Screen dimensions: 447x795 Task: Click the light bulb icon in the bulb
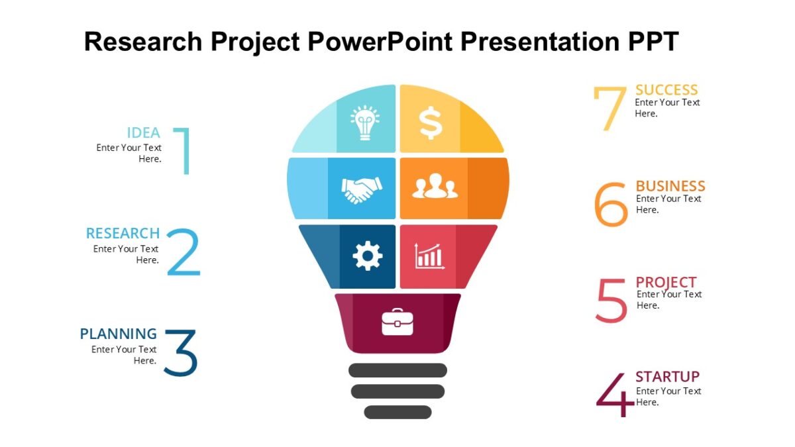pyautogui.click(x=364, y=123)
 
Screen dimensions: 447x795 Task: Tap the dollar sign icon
pyautogui.click(x=430, y=123)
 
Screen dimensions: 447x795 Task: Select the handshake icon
pyautogui.click(x=362, y=189)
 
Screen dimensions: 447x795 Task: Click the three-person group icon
pyautogui.click(x=435, y=186)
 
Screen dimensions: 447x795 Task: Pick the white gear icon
pyautogui.click(x=368, y=256)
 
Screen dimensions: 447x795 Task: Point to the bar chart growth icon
pyautogui.click(x=429, y=256)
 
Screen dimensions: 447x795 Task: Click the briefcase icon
pyautogui.click(x=397, y=322)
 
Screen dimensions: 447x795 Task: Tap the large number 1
pyautogui.click(x=184, y=150)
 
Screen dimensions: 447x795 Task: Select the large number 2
pyautogui.click(x=183, y=252)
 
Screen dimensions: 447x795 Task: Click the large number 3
pyautogui.click(x=180, y=353)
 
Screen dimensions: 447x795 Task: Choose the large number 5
pyautogui.click(x=611, y=301)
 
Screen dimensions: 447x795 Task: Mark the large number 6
pyautogui.click(x=610, y=205)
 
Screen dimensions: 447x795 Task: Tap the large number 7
pyautogui.click(x=609, y=109)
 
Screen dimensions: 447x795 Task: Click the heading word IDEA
pyautogui.click(x=144, y=132)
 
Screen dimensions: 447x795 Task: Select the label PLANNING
pyautogui.click(x=119, y=334)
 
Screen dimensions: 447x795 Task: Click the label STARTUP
pyautogui.click(x=667, y=377)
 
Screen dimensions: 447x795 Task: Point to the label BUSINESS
pyautogui.click(x=670, y=186)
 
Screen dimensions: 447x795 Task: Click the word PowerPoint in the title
pyautogui.click(x=378, y=41)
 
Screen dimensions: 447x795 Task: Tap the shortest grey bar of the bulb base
pyautogui.click(x=397, y=412)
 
